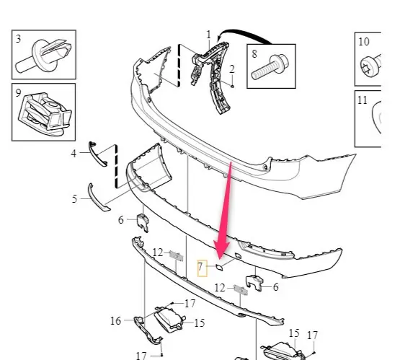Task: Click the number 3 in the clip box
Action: coord(18,39)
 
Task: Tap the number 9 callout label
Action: coord(18,93)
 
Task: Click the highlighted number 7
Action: coord(200,266)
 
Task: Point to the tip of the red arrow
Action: coord(221,258)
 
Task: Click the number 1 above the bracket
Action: coord(209,35)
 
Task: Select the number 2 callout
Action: coord(231,69)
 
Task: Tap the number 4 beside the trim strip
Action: coord(74,154)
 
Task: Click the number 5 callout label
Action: coord(74,199)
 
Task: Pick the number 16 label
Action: coord(115,321)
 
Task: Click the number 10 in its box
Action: coord(364,41)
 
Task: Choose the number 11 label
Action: coord(363,100)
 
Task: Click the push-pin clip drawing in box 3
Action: coord(44,56)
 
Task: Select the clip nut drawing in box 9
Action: coord(45,114)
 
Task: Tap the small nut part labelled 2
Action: coord(232,86)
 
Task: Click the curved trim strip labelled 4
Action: coord(97,154)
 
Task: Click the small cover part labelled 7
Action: coord(219,268)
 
